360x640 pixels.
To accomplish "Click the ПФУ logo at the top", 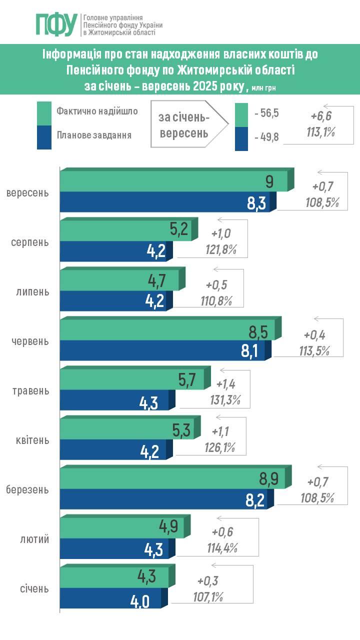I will tap(56, 24).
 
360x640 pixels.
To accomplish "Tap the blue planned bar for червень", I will tap(165, 349).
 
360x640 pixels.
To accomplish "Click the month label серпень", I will tap(30, 242).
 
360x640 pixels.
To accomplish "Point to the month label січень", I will tap(31, 588).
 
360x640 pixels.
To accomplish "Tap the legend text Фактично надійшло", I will tap(97, 111).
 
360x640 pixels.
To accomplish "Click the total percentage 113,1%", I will tap(320, 132).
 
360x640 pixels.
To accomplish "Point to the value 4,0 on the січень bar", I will tap(140, 600).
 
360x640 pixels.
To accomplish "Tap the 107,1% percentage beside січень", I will tap(207, 596).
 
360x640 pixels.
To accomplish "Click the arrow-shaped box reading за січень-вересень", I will tap(185, 125).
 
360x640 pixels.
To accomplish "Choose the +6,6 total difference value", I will tap(320, 116).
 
